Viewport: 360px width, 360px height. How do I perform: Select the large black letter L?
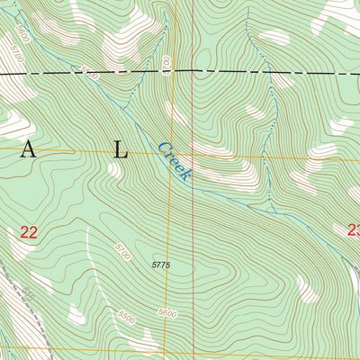point(121,152)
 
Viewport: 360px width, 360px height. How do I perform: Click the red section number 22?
point(27,232)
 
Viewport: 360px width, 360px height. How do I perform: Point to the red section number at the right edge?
point(353,229)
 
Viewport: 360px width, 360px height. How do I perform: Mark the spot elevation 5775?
point(161,265)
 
